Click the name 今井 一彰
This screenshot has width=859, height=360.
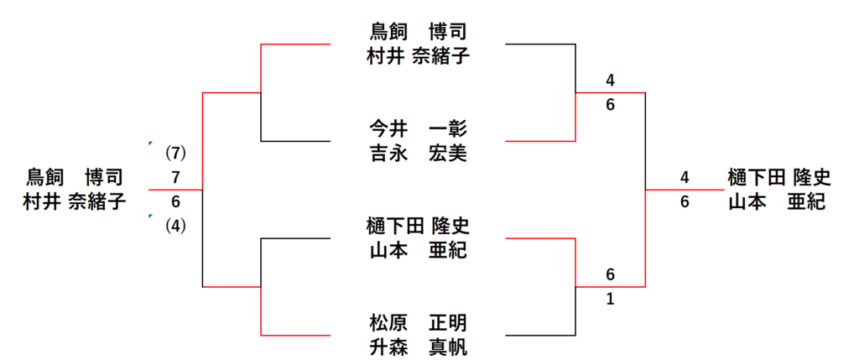(417, 129)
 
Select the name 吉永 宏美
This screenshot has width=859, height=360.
(417, 154)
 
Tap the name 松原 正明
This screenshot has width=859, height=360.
(417, 323)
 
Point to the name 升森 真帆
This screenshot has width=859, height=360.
(417, 347)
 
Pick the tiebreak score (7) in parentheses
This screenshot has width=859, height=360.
(174, 154)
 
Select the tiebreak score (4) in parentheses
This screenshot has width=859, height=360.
(174, 226)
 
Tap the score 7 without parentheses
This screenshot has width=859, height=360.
(174, 178)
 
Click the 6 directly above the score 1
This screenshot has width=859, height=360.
(610, 274)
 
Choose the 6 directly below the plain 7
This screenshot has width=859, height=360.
(174, 202)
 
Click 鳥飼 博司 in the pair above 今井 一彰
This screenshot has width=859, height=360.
(417, 32)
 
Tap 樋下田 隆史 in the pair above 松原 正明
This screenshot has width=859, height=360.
(417, 226)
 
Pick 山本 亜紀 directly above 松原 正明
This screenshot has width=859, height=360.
(417, 250)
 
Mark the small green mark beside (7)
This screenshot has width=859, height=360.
(149, 143)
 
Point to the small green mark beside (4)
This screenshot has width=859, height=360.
(149, 216)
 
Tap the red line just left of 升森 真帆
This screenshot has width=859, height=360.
(298, 335)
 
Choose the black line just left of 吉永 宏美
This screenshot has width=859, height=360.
(298, 141)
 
